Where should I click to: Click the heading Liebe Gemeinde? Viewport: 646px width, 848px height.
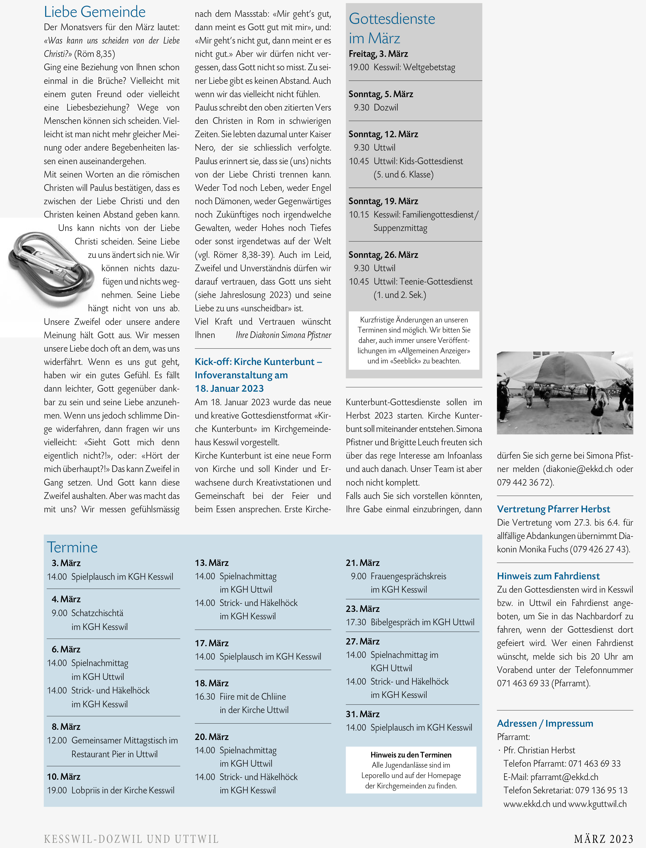point(95,12)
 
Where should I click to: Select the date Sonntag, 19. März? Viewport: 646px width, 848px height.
point(383,201)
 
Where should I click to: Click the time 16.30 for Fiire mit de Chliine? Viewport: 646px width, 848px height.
point(205,696)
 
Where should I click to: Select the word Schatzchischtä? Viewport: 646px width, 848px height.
point(97,613)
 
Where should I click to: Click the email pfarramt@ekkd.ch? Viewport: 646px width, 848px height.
point(564,777)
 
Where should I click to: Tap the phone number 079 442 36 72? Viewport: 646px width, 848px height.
point(524,482)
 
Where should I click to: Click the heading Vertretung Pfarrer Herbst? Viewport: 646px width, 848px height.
point(553,509)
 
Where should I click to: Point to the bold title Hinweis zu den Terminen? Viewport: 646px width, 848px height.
point(411,755)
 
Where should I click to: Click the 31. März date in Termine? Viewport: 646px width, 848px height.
point(362,714)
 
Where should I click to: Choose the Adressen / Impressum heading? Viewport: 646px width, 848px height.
point(545,723)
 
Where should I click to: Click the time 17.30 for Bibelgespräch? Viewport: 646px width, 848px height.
point(356,622)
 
